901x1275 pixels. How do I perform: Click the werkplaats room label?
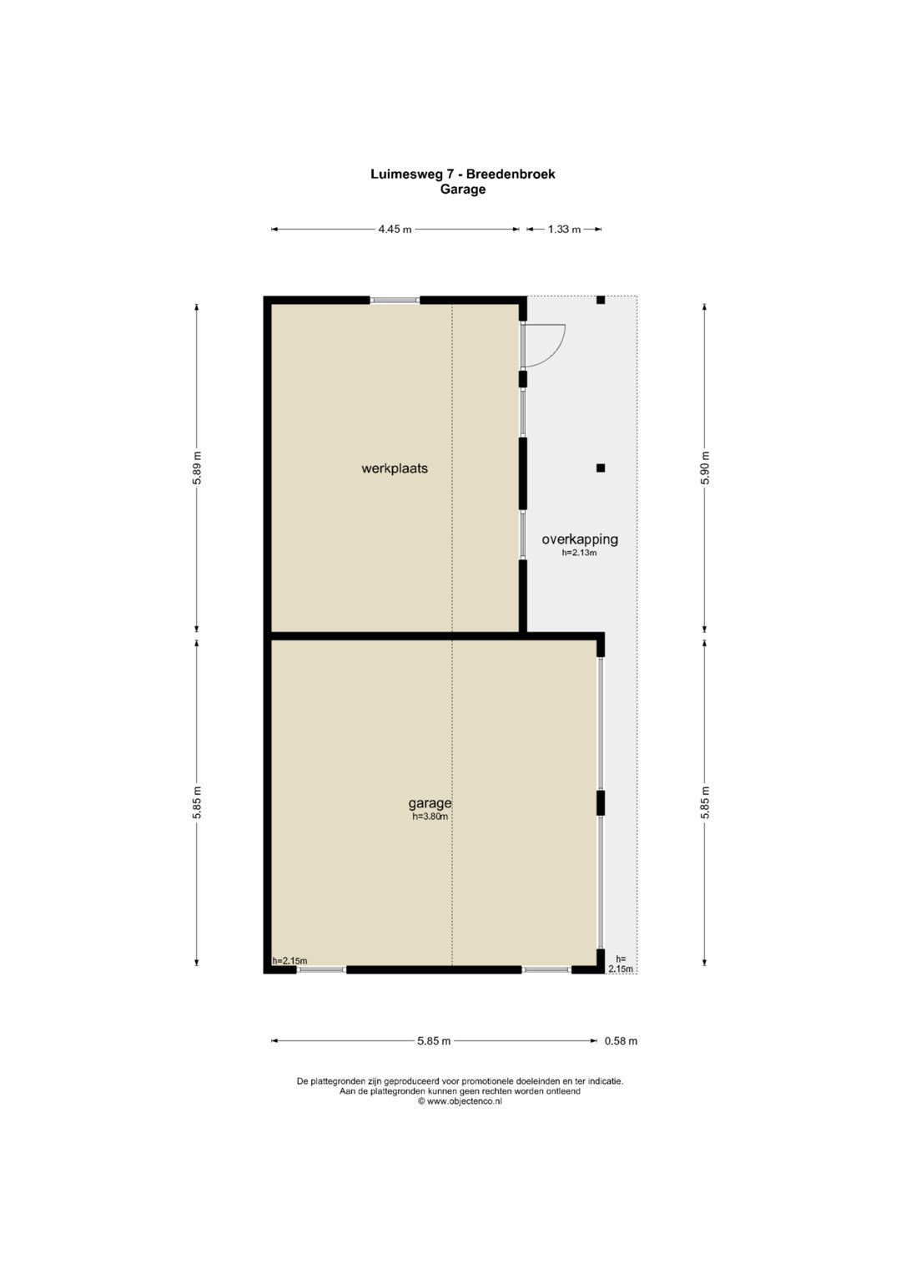[394, 468]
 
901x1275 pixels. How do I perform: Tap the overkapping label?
[579, 539]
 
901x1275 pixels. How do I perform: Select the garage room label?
[430, 804]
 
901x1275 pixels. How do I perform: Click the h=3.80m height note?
[430, 817]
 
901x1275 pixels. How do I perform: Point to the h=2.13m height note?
[579, 552]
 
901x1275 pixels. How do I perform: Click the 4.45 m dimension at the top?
[395, 230]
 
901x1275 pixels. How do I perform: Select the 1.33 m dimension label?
[564, 230]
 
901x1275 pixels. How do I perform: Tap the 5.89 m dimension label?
[197, 468]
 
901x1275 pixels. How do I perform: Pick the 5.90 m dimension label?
[705, 468]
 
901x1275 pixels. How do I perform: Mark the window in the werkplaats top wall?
[395, 300]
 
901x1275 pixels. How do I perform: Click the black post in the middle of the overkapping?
[600, 468]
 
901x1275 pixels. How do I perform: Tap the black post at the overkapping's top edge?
[600, 300]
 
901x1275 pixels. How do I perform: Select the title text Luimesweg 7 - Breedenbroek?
[462, 175]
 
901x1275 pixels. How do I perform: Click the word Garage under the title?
[462, 190]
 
